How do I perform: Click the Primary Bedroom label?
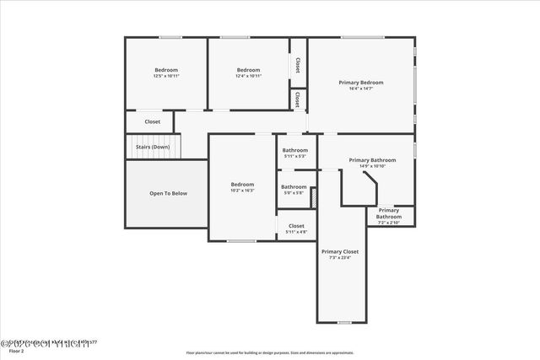[361, 83]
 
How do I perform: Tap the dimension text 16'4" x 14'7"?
[361, 89]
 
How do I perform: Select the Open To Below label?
[168, 193]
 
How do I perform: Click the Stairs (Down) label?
[153, 147]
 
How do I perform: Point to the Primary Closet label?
[340, 251]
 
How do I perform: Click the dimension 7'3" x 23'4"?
[340, 257]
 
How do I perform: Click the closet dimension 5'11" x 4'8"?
[296, 232]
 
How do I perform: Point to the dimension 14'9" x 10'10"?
[372, 166]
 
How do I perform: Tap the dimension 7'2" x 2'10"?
[389, 223]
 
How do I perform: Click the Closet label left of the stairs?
[152, 121]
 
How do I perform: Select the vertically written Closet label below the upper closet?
[298, 99]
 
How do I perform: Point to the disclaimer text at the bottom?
[270, 352]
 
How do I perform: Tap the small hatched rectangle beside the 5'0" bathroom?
[313, 196]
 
